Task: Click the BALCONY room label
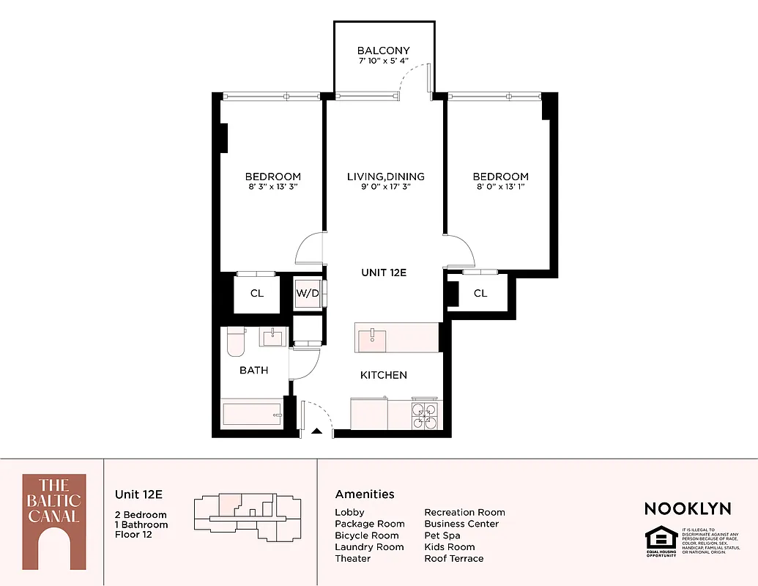click(x=383, y=51)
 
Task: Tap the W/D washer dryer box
click(x=308, y=294)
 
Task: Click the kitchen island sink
click(x=374, y=336)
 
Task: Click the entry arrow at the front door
click(x=316, y=431)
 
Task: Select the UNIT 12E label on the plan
click(x=383, y=272)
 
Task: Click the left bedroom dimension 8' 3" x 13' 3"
click(x=272, y=187)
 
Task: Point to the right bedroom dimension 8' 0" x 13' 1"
click(x=500, y=187)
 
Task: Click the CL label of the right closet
click(x=480, y=294)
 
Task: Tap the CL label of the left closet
click(x=256, y=294)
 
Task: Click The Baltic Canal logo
click(x=53, y=521)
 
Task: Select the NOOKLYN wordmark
click(x=687, y=508)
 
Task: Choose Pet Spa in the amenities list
click(x=442, y=535)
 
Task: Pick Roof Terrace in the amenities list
click(x=454, y=558)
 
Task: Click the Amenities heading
click(x=365, y=494)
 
